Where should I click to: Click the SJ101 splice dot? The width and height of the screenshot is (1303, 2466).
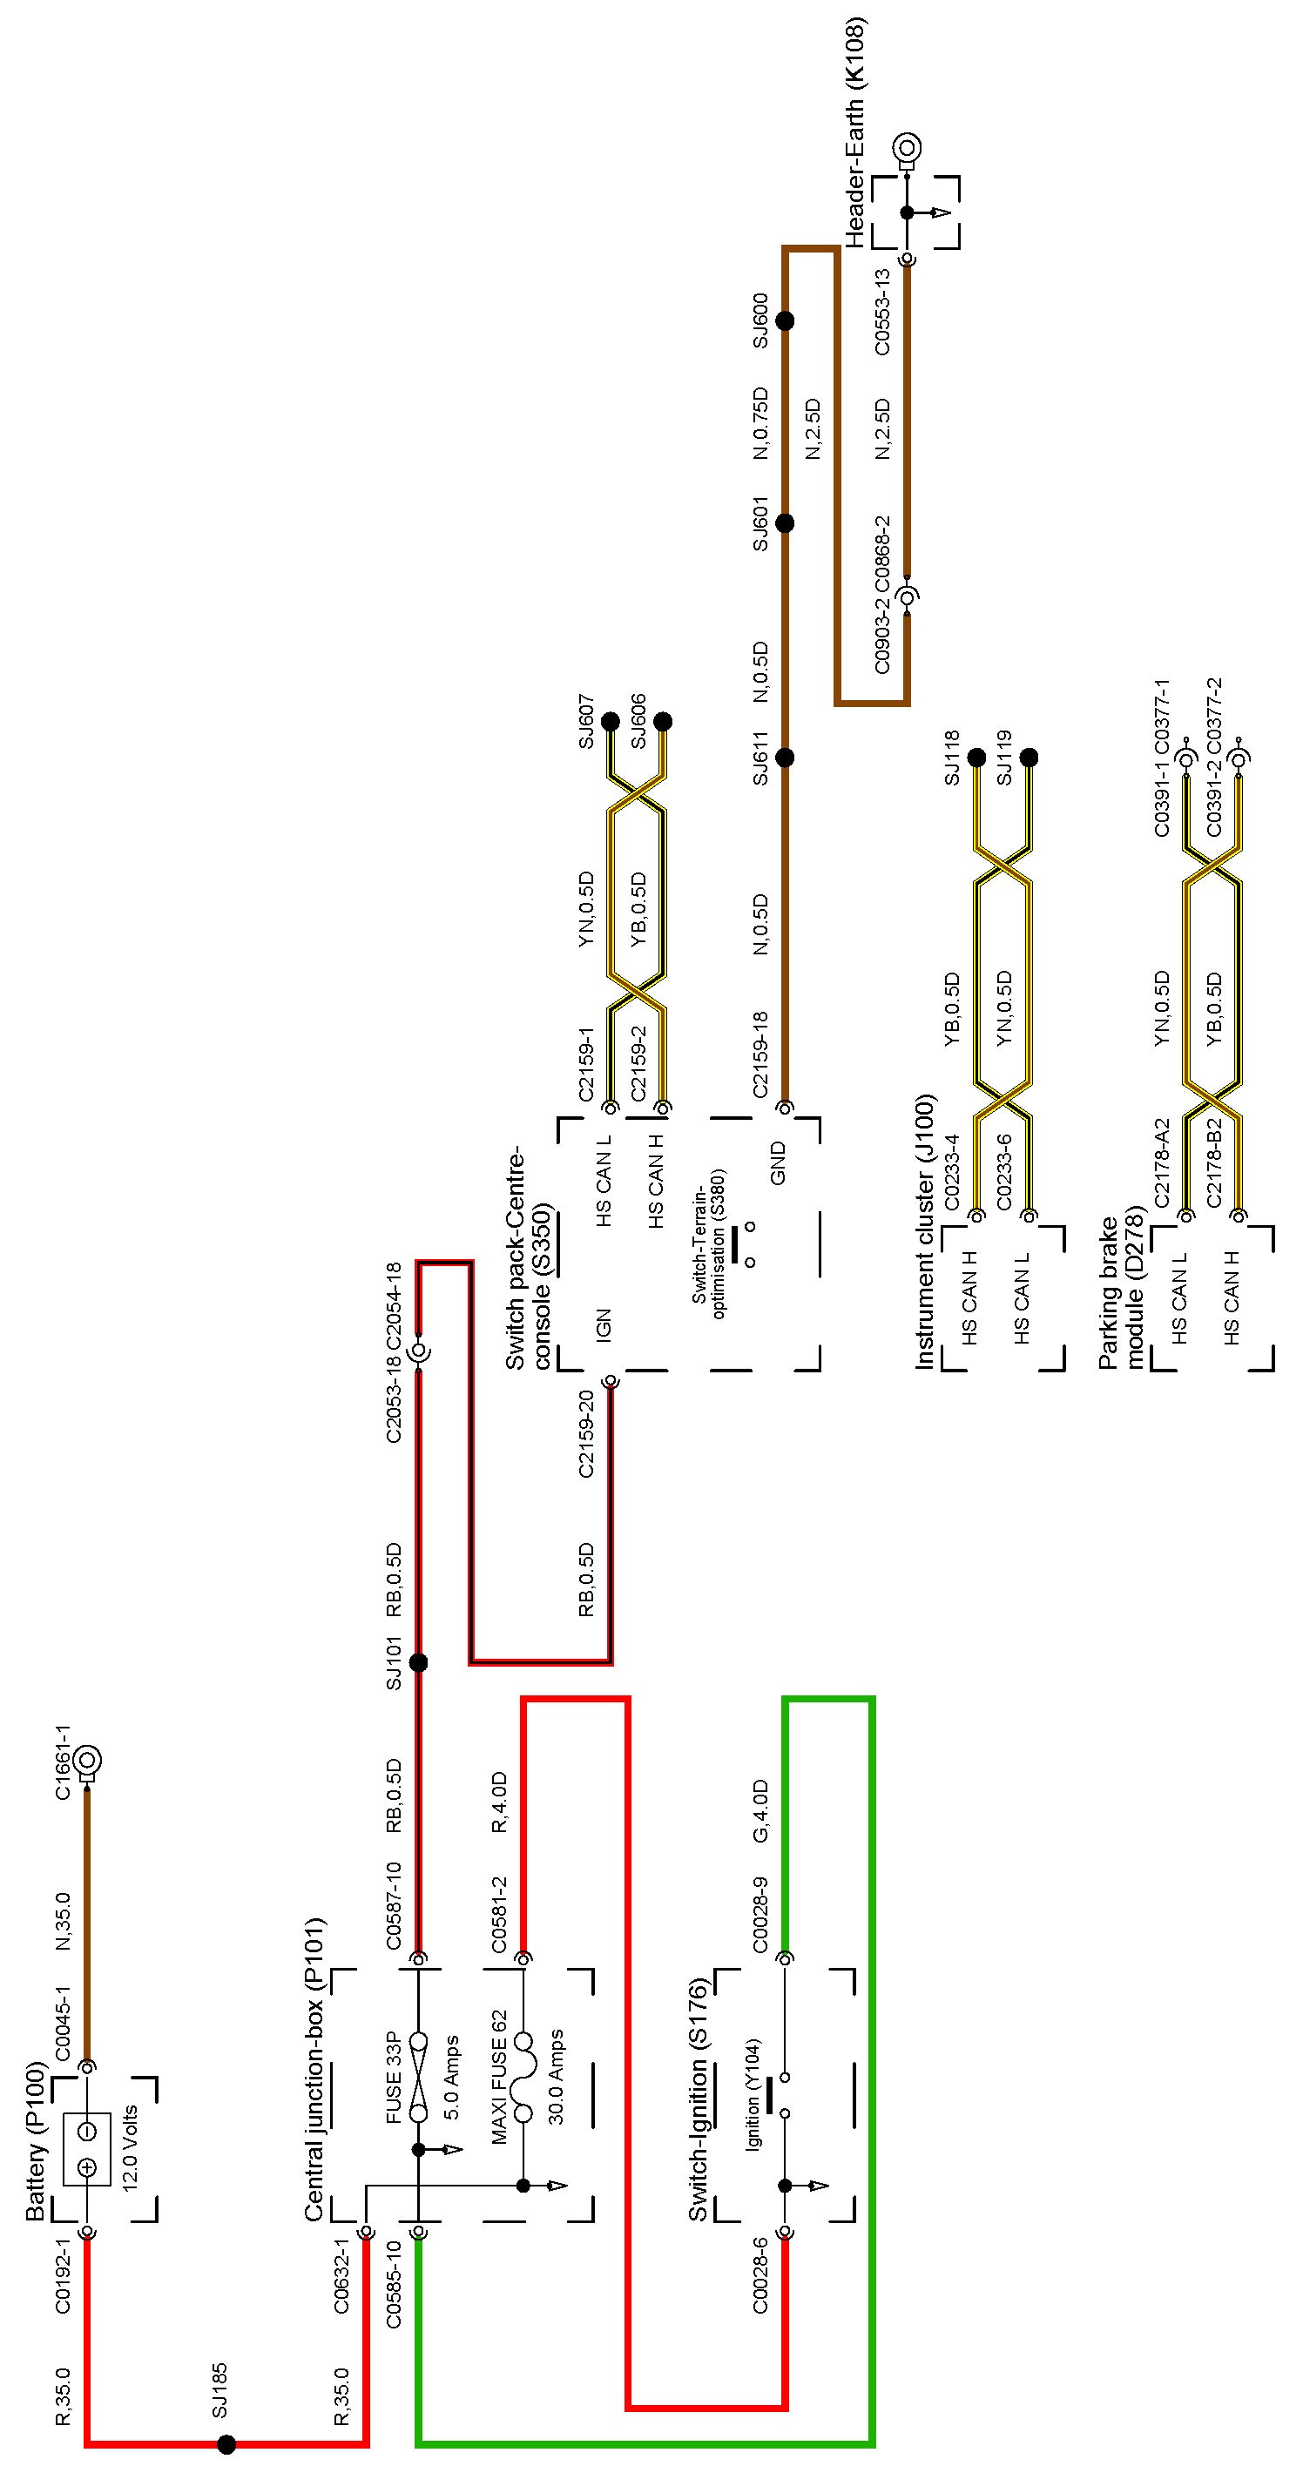(418, 1662)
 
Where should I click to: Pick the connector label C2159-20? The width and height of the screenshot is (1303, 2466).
(586, 1433)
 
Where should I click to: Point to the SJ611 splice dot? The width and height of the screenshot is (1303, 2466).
(785, 758)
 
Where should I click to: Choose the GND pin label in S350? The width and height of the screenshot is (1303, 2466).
(778, 1162)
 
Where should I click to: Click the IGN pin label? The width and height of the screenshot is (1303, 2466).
(603, 1322)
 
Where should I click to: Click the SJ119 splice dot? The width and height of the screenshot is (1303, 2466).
(1030, 758)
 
